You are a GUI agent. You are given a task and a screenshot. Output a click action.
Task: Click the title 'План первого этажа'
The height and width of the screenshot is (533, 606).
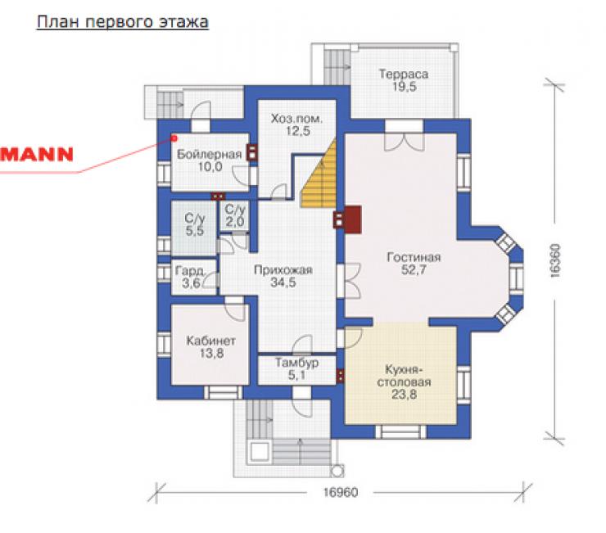click(x=123, y=22)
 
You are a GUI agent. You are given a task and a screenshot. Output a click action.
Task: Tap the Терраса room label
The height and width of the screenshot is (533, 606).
click(x=404, y=74)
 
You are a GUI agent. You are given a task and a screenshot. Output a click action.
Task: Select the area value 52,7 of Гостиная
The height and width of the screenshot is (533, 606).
click(x=414, y=270)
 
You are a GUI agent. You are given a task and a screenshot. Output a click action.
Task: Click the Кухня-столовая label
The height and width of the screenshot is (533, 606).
click(x=404, y=376)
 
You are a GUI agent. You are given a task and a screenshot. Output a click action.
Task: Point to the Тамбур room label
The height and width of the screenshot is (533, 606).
click(x=296, y=363)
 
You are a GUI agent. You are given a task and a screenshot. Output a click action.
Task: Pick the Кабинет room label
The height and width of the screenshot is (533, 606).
click(x=211, y=341)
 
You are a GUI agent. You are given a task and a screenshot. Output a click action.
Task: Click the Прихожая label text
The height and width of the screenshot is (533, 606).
click(x=283, y=270)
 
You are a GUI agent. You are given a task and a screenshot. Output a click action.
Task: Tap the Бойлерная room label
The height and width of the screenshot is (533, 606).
click(x=209, y=154)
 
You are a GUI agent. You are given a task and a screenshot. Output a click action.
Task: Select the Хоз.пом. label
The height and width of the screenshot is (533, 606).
click(x=296, y=118)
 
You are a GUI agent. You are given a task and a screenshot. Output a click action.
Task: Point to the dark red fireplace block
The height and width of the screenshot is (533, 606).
click(x=352, y=219)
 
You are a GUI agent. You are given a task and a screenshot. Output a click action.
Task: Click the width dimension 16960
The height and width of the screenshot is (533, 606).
click(x=341, y=492)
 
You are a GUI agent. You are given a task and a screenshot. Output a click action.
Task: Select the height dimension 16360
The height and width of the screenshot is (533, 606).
click(x=554, y=260)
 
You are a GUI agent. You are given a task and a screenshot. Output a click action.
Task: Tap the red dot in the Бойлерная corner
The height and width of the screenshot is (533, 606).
click(x=174, y=138)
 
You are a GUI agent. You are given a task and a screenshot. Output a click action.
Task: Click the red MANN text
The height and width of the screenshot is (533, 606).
click(x=36, y=154)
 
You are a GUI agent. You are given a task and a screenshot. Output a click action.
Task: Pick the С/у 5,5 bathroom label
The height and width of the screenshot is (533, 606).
click(x=194, y=224)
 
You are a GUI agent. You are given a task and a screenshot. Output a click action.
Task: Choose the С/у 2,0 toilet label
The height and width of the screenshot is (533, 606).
click(x=235, y=215)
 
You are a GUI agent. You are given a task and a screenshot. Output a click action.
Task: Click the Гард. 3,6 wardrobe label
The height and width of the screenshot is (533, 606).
click(x=190, y=277)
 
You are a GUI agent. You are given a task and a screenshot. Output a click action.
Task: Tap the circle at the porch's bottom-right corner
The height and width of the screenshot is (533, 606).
click(x=337, y=471)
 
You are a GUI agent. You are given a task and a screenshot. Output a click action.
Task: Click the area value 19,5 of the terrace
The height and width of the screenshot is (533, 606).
click(x=405, y=87)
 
